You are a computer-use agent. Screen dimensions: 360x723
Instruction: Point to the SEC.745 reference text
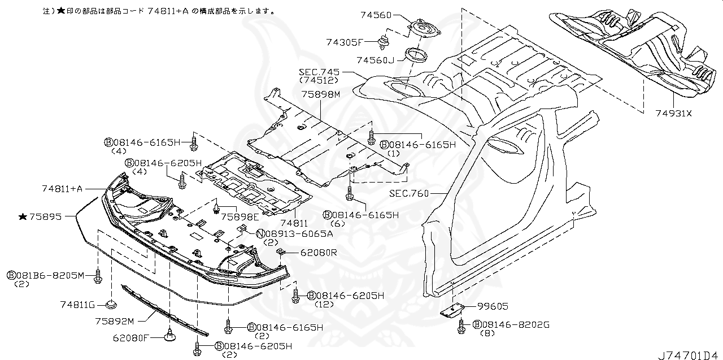click(320, 72)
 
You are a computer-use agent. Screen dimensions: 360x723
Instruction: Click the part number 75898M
click(320, 94)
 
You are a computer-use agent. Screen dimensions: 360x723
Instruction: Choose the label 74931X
click(673, 113)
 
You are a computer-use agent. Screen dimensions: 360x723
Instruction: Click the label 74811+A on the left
click(62, 188)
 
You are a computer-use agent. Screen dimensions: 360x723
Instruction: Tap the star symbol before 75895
click(23, 216)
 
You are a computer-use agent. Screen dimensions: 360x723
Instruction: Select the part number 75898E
click(239, 216)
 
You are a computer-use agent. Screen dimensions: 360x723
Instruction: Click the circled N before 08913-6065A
click(260, 233)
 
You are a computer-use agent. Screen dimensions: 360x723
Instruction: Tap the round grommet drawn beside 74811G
click(110, 306)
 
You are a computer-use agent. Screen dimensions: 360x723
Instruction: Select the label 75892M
click(114, 321)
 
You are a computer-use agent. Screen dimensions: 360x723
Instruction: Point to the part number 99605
click(493, 306)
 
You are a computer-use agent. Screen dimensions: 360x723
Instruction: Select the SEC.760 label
click(409, 193)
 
